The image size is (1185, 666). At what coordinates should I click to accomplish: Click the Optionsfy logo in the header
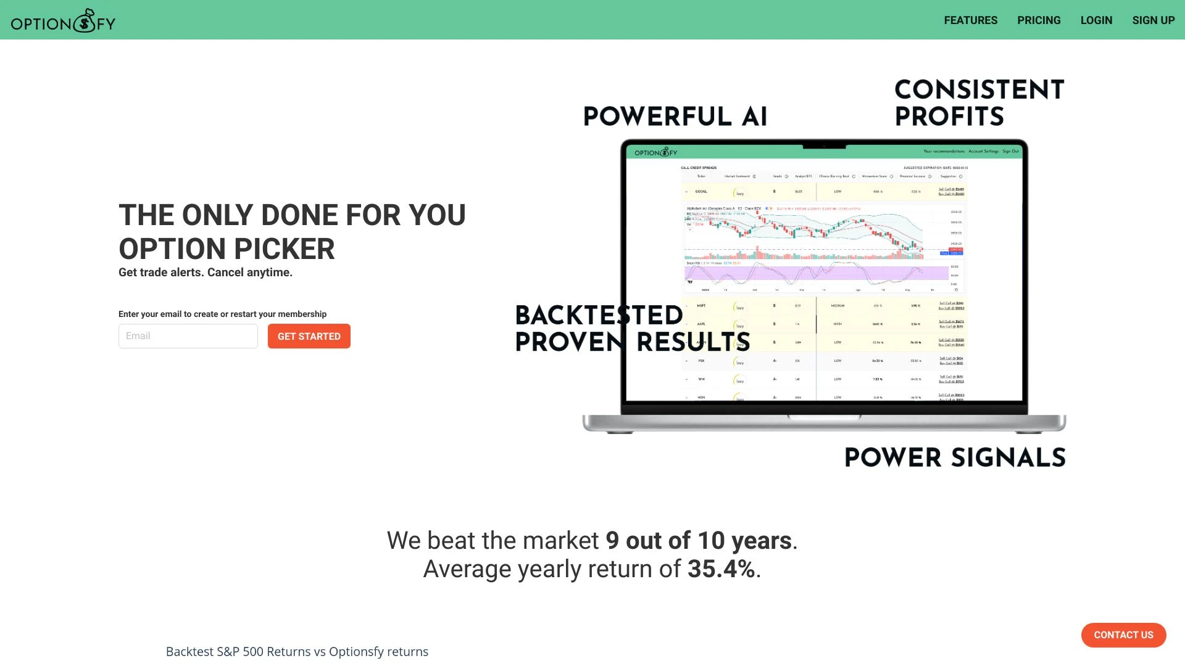pyautogui.click(x=63, y=21)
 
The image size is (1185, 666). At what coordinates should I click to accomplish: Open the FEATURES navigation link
pyautogui.click(x=970, y=20)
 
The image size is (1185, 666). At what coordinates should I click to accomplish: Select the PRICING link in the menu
pyautogui.click(x=1039, y=20)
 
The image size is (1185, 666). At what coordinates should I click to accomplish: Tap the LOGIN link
pyautogui.click(x=1096, y=20)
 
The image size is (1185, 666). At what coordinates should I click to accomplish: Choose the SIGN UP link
pyautogui.click(x=1153, y=20)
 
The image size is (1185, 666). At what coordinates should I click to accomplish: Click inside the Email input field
pyautogui.click(x=188, y=336)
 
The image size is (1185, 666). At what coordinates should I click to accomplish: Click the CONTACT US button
pyautogui.click(x=1123, y=635)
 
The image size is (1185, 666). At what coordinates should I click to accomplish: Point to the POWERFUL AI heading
pyautogui.click(x=675, y=117)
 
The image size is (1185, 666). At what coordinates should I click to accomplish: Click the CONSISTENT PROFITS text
pyautogui.click(x=979, y=103)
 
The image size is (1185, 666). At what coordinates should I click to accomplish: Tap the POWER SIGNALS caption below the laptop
pyautogui.click(x=955, y=458)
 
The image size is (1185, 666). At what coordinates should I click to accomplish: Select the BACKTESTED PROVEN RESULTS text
pyautogui.click(x=632, y=329)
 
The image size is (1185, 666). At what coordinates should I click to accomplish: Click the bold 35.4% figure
pyautogui.click(x=721, y=569)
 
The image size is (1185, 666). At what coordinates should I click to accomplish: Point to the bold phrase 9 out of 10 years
pyautogui.click(x=698, y=541)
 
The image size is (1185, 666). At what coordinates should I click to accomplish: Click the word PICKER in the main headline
pyautogui.click(x=285, y=249)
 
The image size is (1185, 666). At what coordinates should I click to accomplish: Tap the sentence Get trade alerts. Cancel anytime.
pyautogui.click(x=206, y=273)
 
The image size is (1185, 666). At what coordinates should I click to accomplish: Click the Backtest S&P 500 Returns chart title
pyautogui.click(x=297, y=652)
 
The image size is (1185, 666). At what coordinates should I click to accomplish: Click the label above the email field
pyautogui.click(x=222, y=314)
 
